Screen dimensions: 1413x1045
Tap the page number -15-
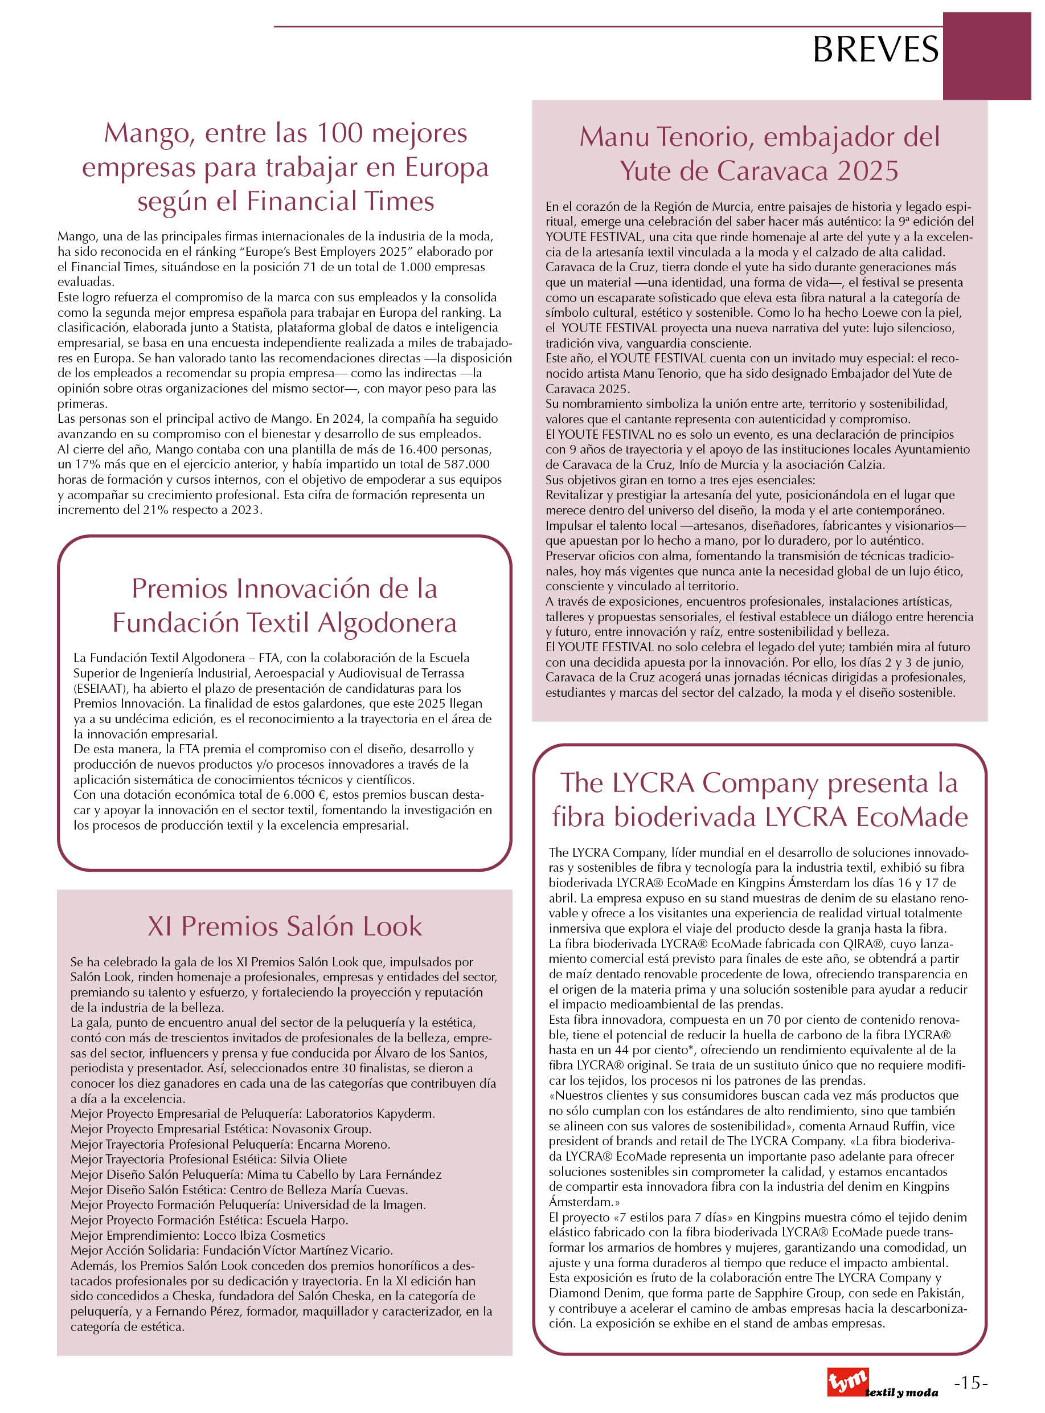(970, 1383)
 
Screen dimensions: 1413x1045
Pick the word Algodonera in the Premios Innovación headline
(387, 623)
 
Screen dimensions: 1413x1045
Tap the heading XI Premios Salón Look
(285, 926)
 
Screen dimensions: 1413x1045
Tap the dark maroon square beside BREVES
(986, 56)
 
